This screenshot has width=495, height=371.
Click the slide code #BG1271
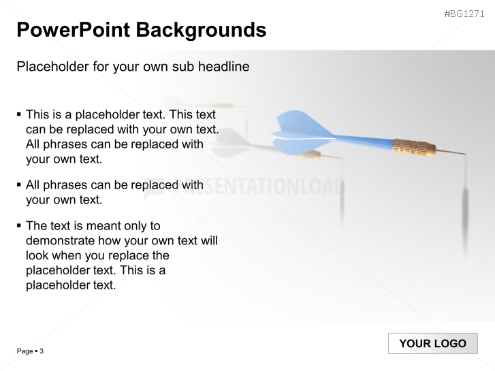[x=464, y=14]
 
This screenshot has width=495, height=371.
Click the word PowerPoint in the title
[x=73, y=30]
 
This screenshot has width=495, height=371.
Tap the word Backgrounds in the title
[x=201, y=30]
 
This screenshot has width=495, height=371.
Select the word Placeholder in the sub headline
[x=51, y=67]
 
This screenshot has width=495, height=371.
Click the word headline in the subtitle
[x=224, y=67]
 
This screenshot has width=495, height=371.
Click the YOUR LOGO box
[x=432, y=343]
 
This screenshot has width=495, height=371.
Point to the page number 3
[x=42, y=351]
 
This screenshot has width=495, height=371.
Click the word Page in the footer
[x=25, y=351]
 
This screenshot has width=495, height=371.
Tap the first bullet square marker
[x=19, y=114]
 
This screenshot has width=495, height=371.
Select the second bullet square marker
[x=19, y=184]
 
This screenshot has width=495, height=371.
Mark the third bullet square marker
[x=19, y=225]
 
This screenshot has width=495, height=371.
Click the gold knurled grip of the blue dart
[x=413, y=147]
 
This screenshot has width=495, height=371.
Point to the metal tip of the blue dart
[x=451, y=151]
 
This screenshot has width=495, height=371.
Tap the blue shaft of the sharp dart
[x=364, y=141]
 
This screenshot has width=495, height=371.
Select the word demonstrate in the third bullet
[x=60, y=240]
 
